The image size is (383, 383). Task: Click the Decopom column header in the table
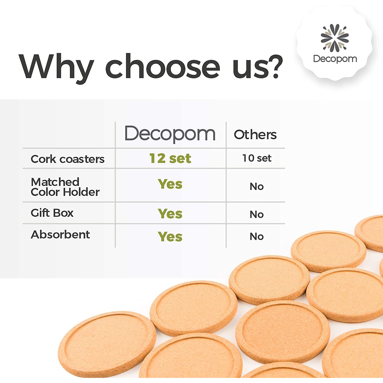(170, 134)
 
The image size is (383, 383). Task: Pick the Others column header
(255, 135)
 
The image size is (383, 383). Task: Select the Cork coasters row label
(68, 159)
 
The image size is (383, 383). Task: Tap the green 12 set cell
(170, 158)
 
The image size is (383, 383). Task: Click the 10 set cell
(257, 158)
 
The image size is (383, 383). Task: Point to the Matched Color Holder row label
(65, 187)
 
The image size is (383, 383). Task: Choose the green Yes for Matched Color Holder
(170, 184)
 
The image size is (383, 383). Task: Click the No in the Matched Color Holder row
(257, 186)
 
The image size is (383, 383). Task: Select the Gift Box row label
(52, 213)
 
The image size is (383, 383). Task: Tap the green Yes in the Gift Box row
(170, 213)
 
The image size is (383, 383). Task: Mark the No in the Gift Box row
(257, 214)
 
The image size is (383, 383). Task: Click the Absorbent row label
(60, 234)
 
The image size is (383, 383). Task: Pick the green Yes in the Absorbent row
(170, 236)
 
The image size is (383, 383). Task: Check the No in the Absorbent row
(257, 236)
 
